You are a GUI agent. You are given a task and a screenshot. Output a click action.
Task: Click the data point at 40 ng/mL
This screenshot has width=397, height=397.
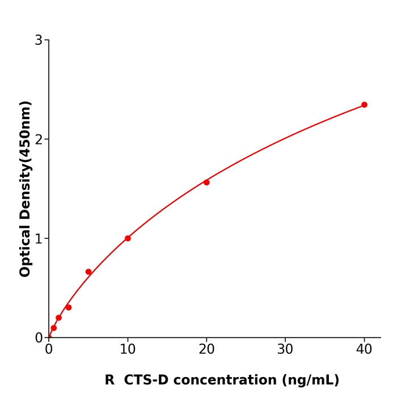click(x=364, y=105)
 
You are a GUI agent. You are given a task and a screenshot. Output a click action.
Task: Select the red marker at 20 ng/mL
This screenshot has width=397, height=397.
click(x=206, y=182)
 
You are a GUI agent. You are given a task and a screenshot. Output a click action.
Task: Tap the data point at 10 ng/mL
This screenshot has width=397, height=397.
click(x=128, y=238)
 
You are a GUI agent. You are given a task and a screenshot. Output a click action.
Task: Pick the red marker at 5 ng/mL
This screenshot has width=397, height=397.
click(x=88, y=272)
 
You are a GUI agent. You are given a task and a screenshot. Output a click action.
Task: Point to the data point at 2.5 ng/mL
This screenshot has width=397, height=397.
click(x=69, y=307)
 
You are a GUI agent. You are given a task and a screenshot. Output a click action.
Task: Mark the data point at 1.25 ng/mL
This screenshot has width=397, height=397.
click(x=58, y=318)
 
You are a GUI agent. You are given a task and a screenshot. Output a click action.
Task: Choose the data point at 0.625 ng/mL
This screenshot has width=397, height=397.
click(x=54, y=328)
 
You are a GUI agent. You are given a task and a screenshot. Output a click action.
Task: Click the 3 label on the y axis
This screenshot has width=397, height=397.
click(x=39, y=40)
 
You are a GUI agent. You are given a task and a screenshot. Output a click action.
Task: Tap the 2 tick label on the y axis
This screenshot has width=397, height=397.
click(x=39, y=140)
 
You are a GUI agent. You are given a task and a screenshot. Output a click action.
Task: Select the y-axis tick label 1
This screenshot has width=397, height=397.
click(x=39, y=239)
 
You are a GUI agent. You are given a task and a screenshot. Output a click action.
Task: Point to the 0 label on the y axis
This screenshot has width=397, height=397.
click(x=39, y=338)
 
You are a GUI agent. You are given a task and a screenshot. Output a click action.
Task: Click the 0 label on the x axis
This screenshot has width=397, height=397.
click(x=49, y=350)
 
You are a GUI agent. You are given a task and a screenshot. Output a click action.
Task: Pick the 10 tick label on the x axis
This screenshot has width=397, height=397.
click(x=128, y=350)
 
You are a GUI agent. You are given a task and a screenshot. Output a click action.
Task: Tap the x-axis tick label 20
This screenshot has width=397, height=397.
click(x=206, y=350)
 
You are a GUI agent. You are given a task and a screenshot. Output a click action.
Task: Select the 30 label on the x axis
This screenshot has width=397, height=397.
click(x=285, y=350)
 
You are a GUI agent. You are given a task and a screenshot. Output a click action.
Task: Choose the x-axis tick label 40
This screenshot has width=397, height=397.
click(x=364, y=350)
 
